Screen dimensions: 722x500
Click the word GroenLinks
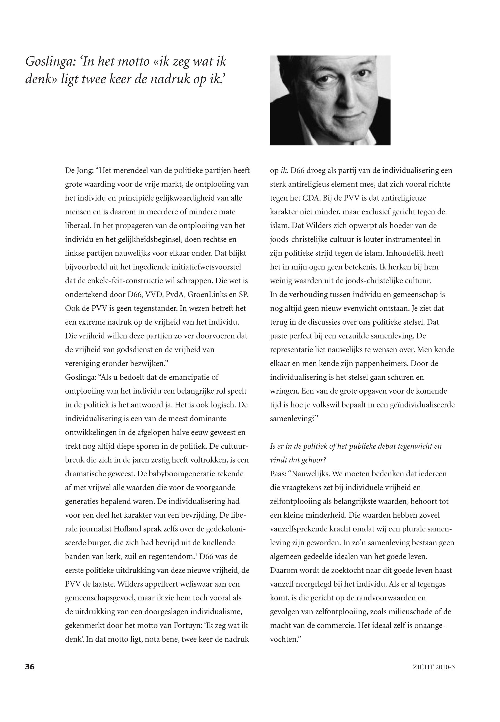tap(206, 295)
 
